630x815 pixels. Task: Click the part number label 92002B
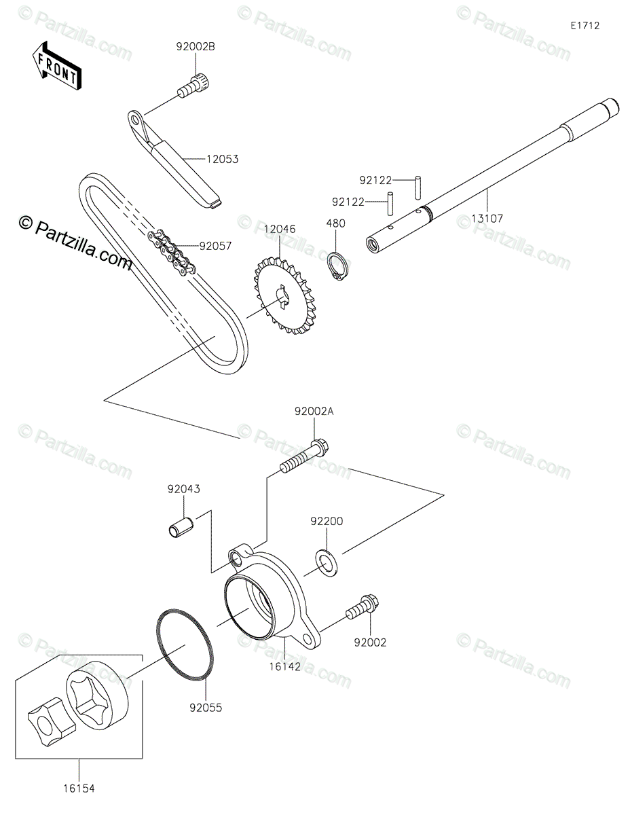[196, 48]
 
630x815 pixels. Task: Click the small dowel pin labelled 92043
[182, 526]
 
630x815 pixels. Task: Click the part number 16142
[285, 667]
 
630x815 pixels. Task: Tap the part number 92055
[206, 708]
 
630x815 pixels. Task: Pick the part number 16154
[79, 789]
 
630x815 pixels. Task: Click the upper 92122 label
[375, 181]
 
